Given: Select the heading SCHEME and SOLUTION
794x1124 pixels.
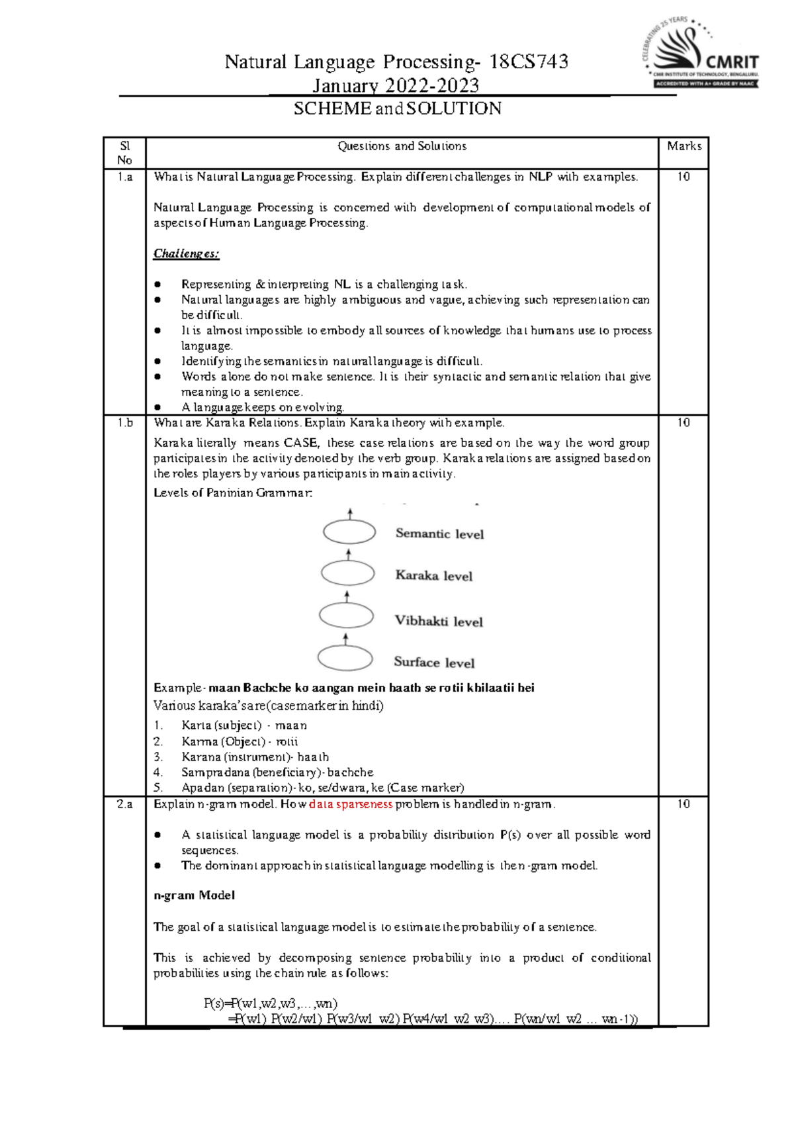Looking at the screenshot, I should [397, 109].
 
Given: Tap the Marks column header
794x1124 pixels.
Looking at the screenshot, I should [684, 146].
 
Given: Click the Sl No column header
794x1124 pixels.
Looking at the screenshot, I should [124, 153].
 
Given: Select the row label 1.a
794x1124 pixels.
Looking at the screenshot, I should [124, 177].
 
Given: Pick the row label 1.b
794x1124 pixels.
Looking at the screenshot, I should [124, 422].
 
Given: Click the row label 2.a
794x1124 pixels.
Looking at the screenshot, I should [124, 804].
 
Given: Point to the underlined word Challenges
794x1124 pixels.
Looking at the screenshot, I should [186, 254].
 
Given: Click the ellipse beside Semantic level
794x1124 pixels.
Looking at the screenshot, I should [349, 532].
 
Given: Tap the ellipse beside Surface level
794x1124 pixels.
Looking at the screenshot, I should [345, 659].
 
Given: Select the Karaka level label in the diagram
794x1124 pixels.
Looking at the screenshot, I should [433, 576].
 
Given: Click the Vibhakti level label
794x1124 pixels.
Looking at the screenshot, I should [438, 622].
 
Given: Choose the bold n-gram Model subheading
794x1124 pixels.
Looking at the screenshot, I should [194, 896].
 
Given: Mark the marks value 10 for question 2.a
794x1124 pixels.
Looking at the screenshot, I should [684, 804].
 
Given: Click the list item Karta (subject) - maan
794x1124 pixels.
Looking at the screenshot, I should [243, 726].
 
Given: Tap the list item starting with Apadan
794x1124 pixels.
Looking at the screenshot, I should [322, 788].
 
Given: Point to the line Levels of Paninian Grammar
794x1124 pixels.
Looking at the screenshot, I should [232, 492].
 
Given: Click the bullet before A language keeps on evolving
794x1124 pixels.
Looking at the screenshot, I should [157, 408].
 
